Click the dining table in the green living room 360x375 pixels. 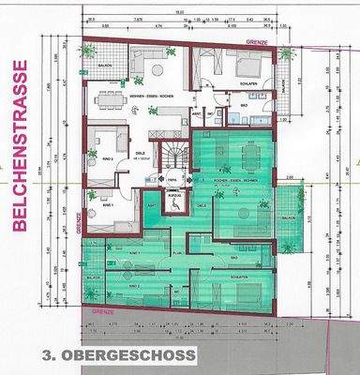[247, 153]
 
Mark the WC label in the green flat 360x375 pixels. [176, 299]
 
